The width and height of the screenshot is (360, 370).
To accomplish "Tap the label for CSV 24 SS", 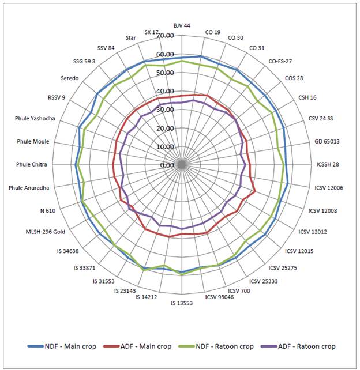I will pyautogui.click(x=321, y=119).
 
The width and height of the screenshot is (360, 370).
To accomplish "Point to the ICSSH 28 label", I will pyautogui.click(x=328, y=165).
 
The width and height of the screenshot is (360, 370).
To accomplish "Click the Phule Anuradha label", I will pyautogui.click(x=29, y=188).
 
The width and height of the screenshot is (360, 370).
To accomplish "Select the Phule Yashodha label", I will pyautogui.click(x=35, y=119).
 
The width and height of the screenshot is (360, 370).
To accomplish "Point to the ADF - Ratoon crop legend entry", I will pyautogui.click(x=300, y=346).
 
